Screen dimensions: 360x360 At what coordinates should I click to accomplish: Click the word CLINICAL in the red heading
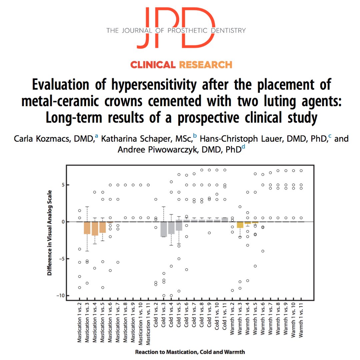tap(153, 65)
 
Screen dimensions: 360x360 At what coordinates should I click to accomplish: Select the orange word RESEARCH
tap(206, 65)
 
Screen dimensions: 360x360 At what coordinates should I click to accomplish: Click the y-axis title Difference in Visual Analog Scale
tap(49, 233)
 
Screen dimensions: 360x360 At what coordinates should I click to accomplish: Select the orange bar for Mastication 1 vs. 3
tap(87, 228)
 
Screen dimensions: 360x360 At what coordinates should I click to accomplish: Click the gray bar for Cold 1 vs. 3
tap(164, 229)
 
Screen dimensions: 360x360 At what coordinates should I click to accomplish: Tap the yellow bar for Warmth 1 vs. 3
tap(240, 225)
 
